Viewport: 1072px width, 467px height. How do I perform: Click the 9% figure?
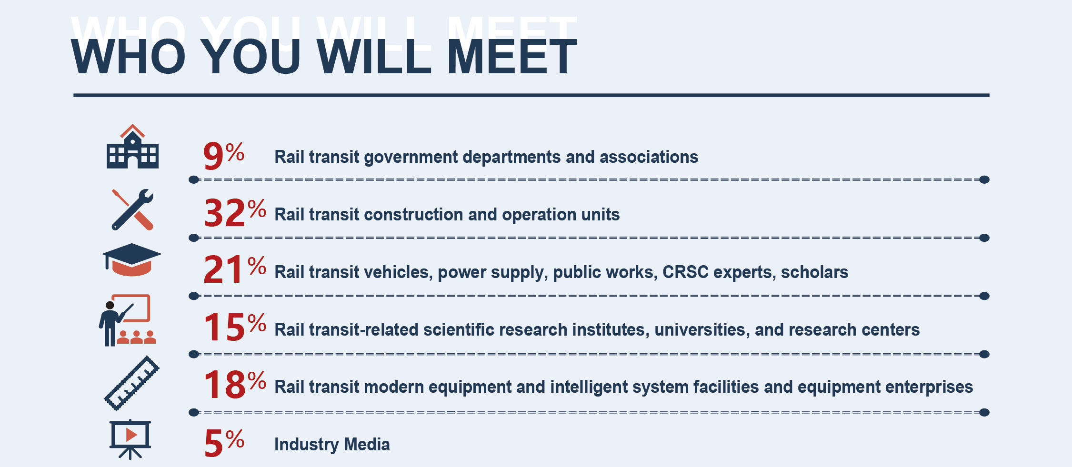tap(224, 156)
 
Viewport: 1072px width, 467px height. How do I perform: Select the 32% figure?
tap(235, 212)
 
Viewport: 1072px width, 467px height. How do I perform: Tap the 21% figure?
tap(235, 269)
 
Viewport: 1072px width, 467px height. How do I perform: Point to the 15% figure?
tap(235, 327)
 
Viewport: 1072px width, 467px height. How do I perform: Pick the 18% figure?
tap(235, 384)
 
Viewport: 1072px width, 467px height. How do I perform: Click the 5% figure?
tap(224, 443)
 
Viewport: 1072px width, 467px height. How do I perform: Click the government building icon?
tap(132, 147)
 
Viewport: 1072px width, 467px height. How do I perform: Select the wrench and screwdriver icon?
tap(133, 209)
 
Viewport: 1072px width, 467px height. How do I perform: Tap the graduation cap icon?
tap(132, 259)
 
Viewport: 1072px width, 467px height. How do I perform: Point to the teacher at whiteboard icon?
tap(127, 320)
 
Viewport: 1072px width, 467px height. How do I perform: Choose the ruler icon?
tap(131, 383)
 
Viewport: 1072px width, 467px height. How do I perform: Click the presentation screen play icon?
tap(130, 439)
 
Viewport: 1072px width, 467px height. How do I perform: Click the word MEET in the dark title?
tap(512, 57)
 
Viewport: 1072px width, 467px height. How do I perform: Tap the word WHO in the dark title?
tap(128, 57)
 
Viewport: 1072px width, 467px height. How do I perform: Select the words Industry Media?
tap(332, 445)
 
